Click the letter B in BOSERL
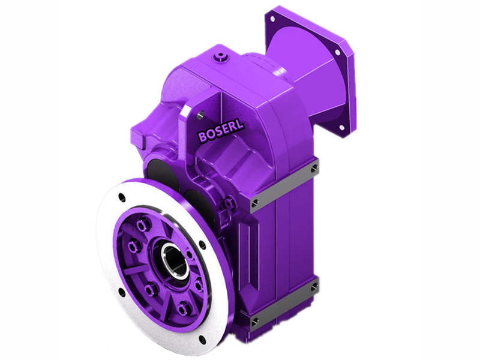tap(202, 138)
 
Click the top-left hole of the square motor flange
tap(272, 19)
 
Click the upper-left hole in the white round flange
tap(122, 197)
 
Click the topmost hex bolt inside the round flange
tap(143, 226)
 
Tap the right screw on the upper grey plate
tap(314, 170)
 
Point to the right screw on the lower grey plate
tap(314, 288)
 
